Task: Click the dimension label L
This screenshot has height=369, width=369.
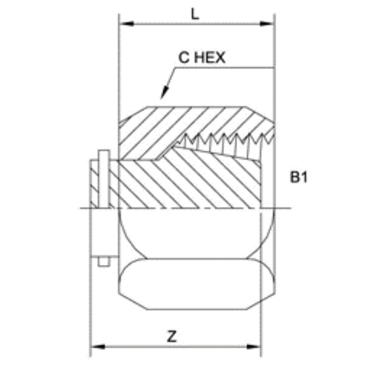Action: [195, 15]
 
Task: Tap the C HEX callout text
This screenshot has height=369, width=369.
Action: [202, 58]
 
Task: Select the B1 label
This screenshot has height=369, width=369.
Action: [299, 178]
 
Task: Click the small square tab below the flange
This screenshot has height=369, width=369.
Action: [104, 262]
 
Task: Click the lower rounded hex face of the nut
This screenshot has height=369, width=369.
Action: [196, 284]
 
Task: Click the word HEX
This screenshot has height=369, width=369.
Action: [210, 58]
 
